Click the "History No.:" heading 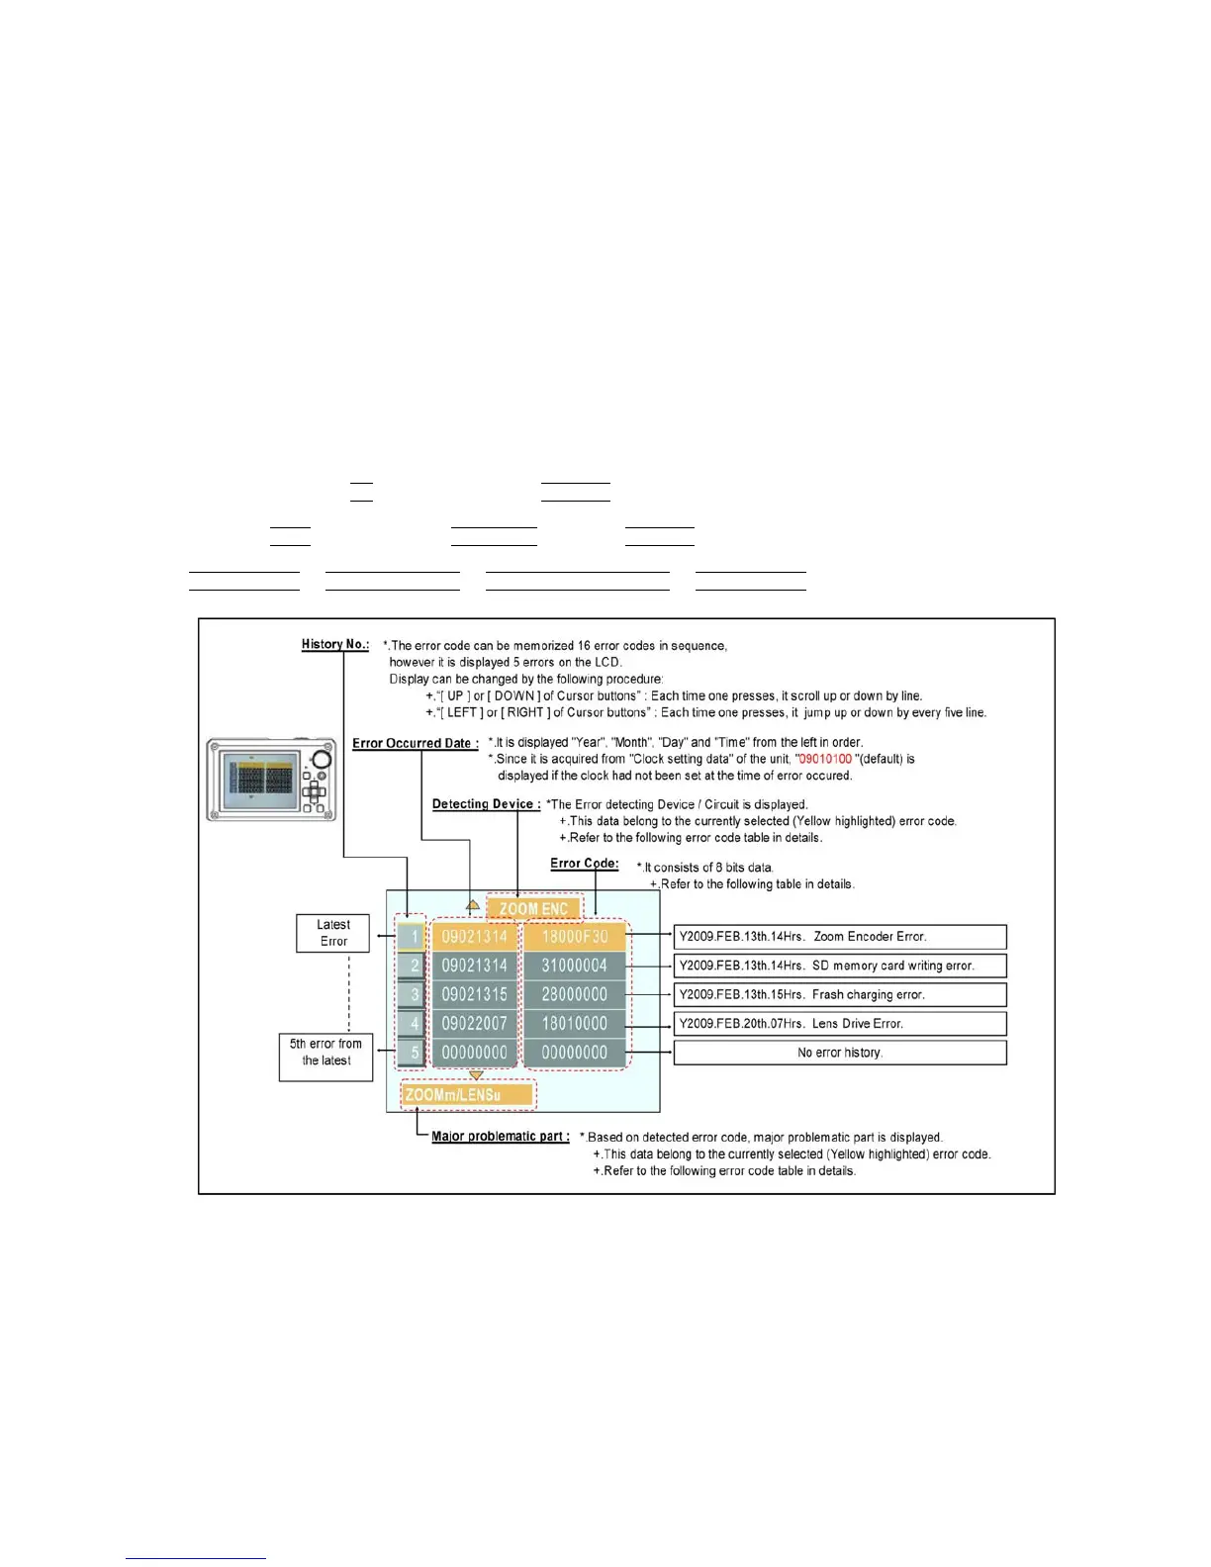(x=334, y=644)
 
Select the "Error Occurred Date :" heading (x=416, y=743)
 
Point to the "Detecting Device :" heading (x=486, y=804)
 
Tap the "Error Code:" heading (x=584, y=864)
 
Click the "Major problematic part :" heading (x=500, y=1137)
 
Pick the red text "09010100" (x=824, y=759)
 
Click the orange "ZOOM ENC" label (x=533, y=908)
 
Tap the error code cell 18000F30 (x=575, y=937)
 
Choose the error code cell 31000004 (x=575, y=966)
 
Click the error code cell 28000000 (x=575, y=994)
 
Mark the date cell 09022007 (x=474, y=1024)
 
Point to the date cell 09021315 (x=474, y=994)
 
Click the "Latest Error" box (x=333, y=933)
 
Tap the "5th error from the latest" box (x=326, y=1053)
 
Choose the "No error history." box (x=840, y=1053)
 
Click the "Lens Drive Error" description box (x=840, y=1024)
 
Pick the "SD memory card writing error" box (x=840, y=966)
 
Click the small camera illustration (x=271, y=780)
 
